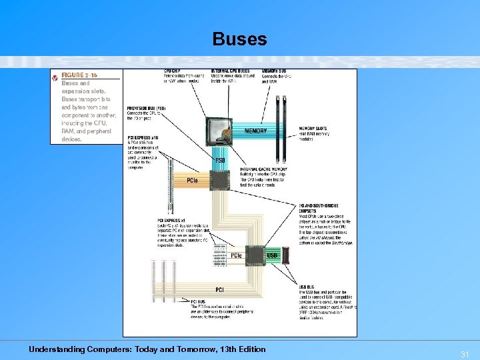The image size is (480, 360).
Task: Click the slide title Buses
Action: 239,39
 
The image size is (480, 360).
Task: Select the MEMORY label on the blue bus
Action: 255,131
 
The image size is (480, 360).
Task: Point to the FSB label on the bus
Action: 220,161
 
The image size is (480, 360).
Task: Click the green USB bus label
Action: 272,255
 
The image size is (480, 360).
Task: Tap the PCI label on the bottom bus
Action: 219,289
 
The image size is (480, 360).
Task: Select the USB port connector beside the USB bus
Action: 286,255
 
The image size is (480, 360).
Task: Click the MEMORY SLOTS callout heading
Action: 313,128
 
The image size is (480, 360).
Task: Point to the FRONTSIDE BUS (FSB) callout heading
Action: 146,108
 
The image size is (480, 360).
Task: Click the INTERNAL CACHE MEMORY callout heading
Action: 263,170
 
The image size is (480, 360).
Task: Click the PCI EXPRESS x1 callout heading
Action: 172,220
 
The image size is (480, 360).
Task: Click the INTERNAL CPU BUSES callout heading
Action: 231,71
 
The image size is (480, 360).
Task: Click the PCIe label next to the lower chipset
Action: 236,255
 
